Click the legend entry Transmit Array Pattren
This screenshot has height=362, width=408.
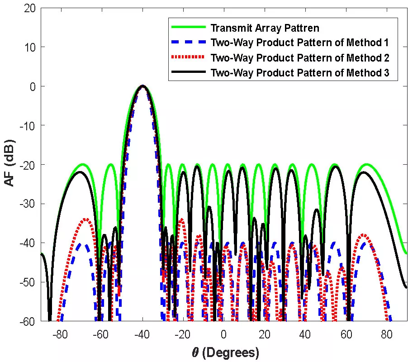pyautogui.click(x=265, y=28)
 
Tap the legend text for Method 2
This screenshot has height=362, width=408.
pyautogui.click(x=299, y=58)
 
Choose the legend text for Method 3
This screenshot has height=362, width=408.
pyautogui.click(x=299, y=72)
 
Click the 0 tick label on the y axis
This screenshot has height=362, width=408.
pyautogui.click(x=32, y=86)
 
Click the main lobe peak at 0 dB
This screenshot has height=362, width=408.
pyautogui.click(x=142, y=86)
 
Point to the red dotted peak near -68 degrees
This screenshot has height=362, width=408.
pyautogui.click(x=85, y=220)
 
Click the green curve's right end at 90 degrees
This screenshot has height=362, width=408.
pyautogui.click(x=406, y=252)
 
